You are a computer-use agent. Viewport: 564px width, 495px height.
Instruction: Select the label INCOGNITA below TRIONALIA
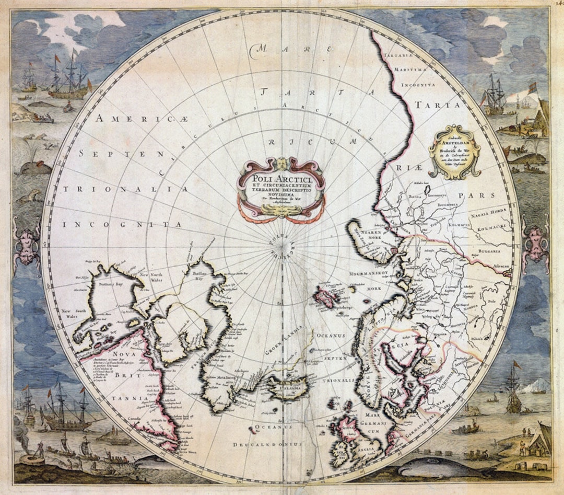pos(122,225)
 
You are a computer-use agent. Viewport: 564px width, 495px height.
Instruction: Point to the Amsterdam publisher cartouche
pos(454,152)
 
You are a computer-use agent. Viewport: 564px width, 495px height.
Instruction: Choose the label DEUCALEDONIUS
pos(267,444)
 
